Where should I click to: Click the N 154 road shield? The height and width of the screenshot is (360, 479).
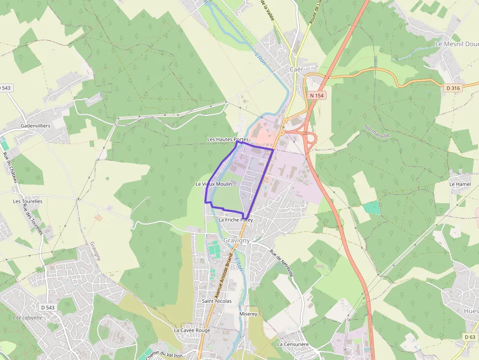pyautogui.click(x=317, y=96)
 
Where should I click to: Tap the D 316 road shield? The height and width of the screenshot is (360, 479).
pyautogui.click(x=453, y=88)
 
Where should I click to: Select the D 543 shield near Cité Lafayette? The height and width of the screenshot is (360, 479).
pyautogui.click(x=48, y=307)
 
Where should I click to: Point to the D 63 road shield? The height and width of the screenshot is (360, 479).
pyautogui.click(x=470, y=337)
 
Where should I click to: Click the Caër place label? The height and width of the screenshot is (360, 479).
pyautogui.click(x=296, y=69)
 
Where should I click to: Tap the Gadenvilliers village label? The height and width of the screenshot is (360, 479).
pyautogui.click(x=35, y=126)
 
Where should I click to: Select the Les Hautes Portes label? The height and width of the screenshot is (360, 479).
pyautogui.click(x=228, y=139)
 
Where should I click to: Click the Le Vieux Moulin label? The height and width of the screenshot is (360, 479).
pyautogui.click(x=214, y=184)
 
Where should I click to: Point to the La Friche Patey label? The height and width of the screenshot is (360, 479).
pyautogui.click(x=236, y=220)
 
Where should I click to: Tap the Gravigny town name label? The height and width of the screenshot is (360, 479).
pyautogui.click(x=237, y=240)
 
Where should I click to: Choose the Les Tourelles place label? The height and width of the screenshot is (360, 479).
pyautogui.click(x=28, y=201)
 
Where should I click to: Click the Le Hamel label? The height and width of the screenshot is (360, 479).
pyautogui.click(x=460, y=184)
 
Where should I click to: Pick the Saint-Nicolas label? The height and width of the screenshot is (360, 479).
pyautogui.click(x=217, y=301)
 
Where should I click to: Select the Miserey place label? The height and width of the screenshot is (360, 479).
pyautogui.click(x=248, y=314)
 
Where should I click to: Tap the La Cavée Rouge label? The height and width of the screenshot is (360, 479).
pyautogui.click(x=192, y=330)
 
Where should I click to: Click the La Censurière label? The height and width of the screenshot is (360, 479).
pyautogui.click(x=293, y=344)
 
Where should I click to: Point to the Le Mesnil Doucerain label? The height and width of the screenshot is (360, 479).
pyautogui.click(x=457, y=44)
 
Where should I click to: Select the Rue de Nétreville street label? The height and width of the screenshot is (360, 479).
pyautogui.click(x=281, y=263)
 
